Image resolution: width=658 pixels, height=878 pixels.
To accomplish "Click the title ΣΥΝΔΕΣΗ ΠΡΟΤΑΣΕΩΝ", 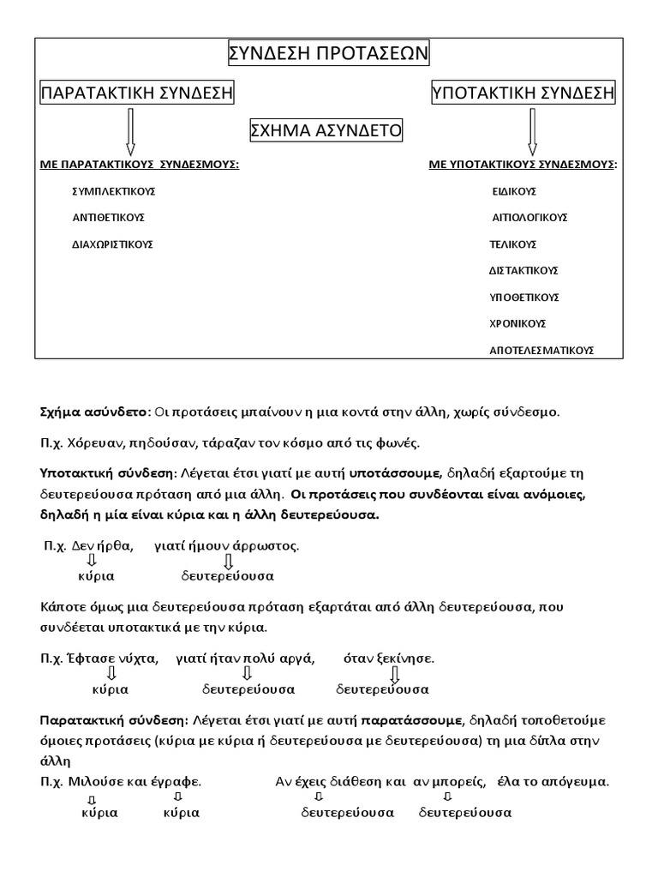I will [x=328, y=55].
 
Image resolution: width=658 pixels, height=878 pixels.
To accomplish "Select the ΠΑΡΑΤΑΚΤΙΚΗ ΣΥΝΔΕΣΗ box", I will [x=138, y=93].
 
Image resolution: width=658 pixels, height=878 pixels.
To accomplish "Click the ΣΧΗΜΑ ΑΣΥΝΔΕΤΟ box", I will [x=325, y=130].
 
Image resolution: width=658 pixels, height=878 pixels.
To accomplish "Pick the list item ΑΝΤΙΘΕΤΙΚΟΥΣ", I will [x=108, y=218].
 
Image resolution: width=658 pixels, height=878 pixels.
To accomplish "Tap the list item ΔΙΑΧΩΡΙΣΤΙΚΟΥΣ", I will [x=112, y=244].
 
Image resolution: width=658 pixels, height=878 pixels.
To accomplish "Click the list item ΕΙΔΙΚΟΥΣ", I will [x=514, y=191].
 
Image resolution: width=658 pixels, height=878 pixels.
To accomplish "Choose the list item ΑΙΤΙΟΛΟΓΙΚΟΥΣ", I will [x=529, y=218].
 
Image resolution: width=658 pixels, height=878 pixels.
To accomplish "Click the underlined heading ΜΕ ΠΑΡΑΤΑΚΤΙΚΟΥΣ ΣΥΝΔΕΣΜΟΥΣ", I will [x=140, y=164].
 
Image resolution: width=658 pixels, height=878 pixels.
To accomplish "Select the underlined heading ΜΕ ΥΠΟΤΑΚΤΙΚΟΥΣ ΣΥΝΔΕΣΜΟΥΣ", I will [x=523, y=164].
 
